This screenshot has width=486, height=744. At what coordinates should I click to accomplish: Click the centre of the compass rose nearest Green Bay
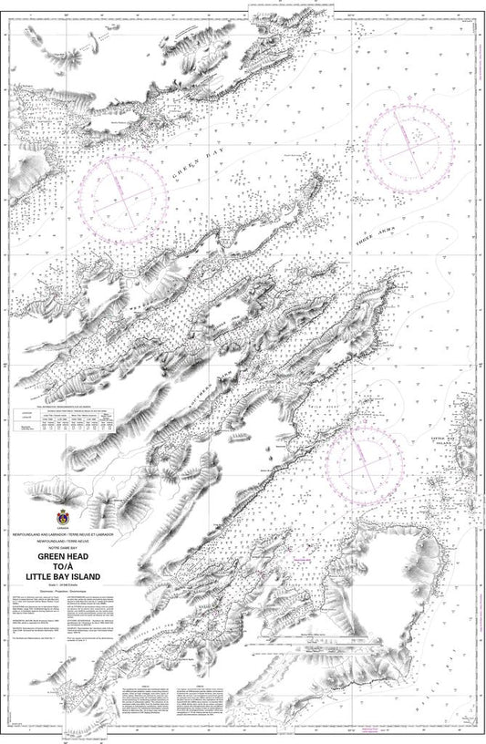[x=123, y=192]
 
